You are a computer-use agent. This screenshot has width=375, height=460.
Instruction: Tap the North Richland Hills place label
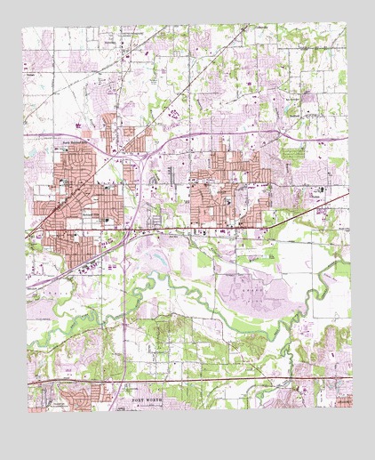[77, 141]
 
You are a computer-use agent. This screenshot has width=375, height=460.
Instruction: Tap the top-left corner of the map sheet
[23, 28]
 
